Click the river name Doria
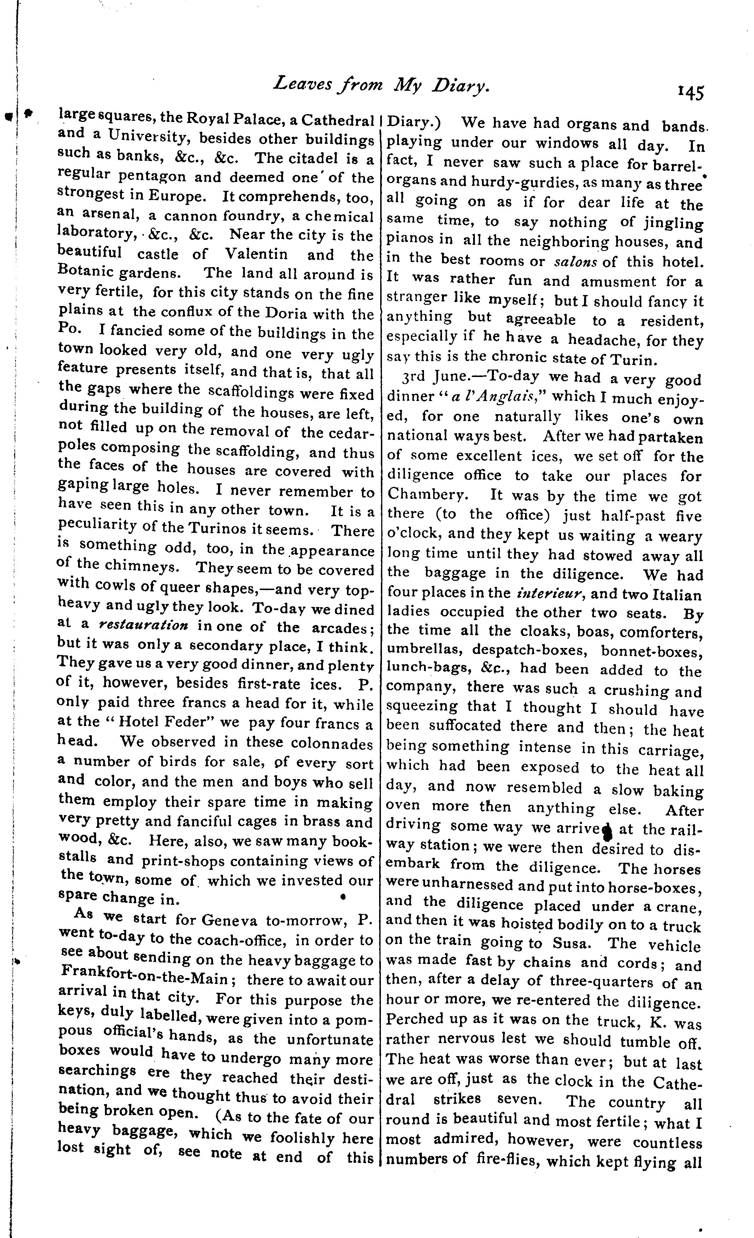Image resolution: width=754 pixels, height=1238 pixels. click(288, 313)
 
